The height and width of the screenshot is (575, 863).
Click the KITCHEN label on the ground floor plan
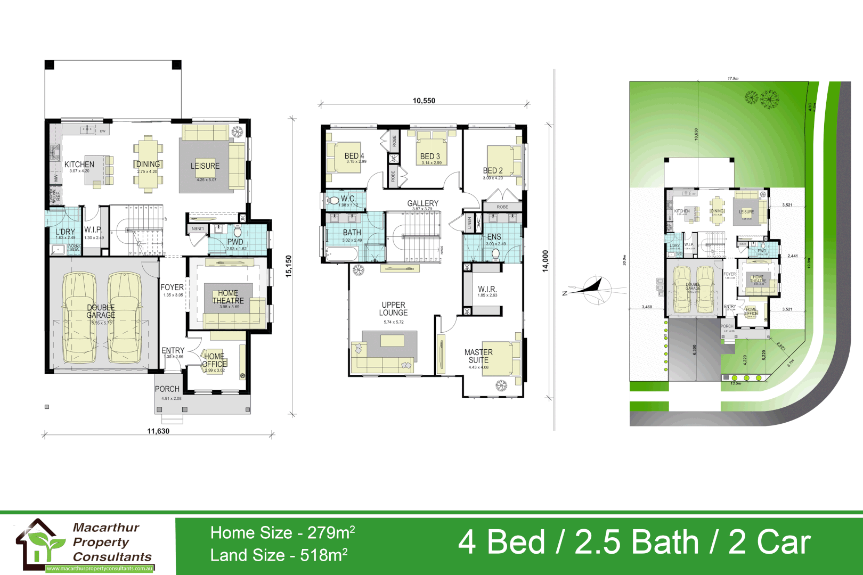(x=79, y=165)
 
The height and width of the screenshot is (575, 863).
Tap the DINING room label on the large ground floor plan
(x=148, y=164)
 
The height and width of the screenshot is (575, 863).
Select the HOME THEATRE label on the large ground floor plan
(x=228, y=297)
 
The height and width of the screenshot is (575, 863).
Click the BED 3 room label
(x=430, y=157)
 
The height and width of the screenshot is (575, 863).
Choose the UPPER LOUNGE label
(x=394, y=309)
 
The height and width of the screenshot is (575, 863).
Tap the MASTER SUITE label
(x=478, y=356)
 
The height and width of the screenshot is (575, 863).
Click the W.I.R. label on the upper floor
(x=487, y=289)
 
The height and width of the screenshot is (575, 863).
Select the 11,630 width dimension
(x=158, y=431)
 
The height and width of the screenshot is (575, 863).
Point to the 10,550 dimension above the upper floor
(x=424, y=101)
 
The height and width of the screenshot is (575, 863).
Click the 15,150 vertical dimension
(x=288, y=266)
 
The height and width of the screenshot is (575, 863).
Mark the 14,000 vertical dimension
(x=545, y=261)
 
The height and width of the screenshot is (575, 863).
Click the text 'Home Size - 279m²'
(x=282, y=532)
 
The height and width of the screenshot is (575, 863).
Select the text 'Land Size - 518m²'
(x=279, y=555)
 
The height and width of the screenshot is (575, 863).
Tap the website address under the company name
(x=100, y=569)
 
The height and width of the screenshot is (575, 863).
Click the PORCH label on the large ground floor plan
(x=167, y=389)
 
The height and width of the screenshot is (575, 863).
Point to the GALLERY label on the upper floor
(x=423, y=203)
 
